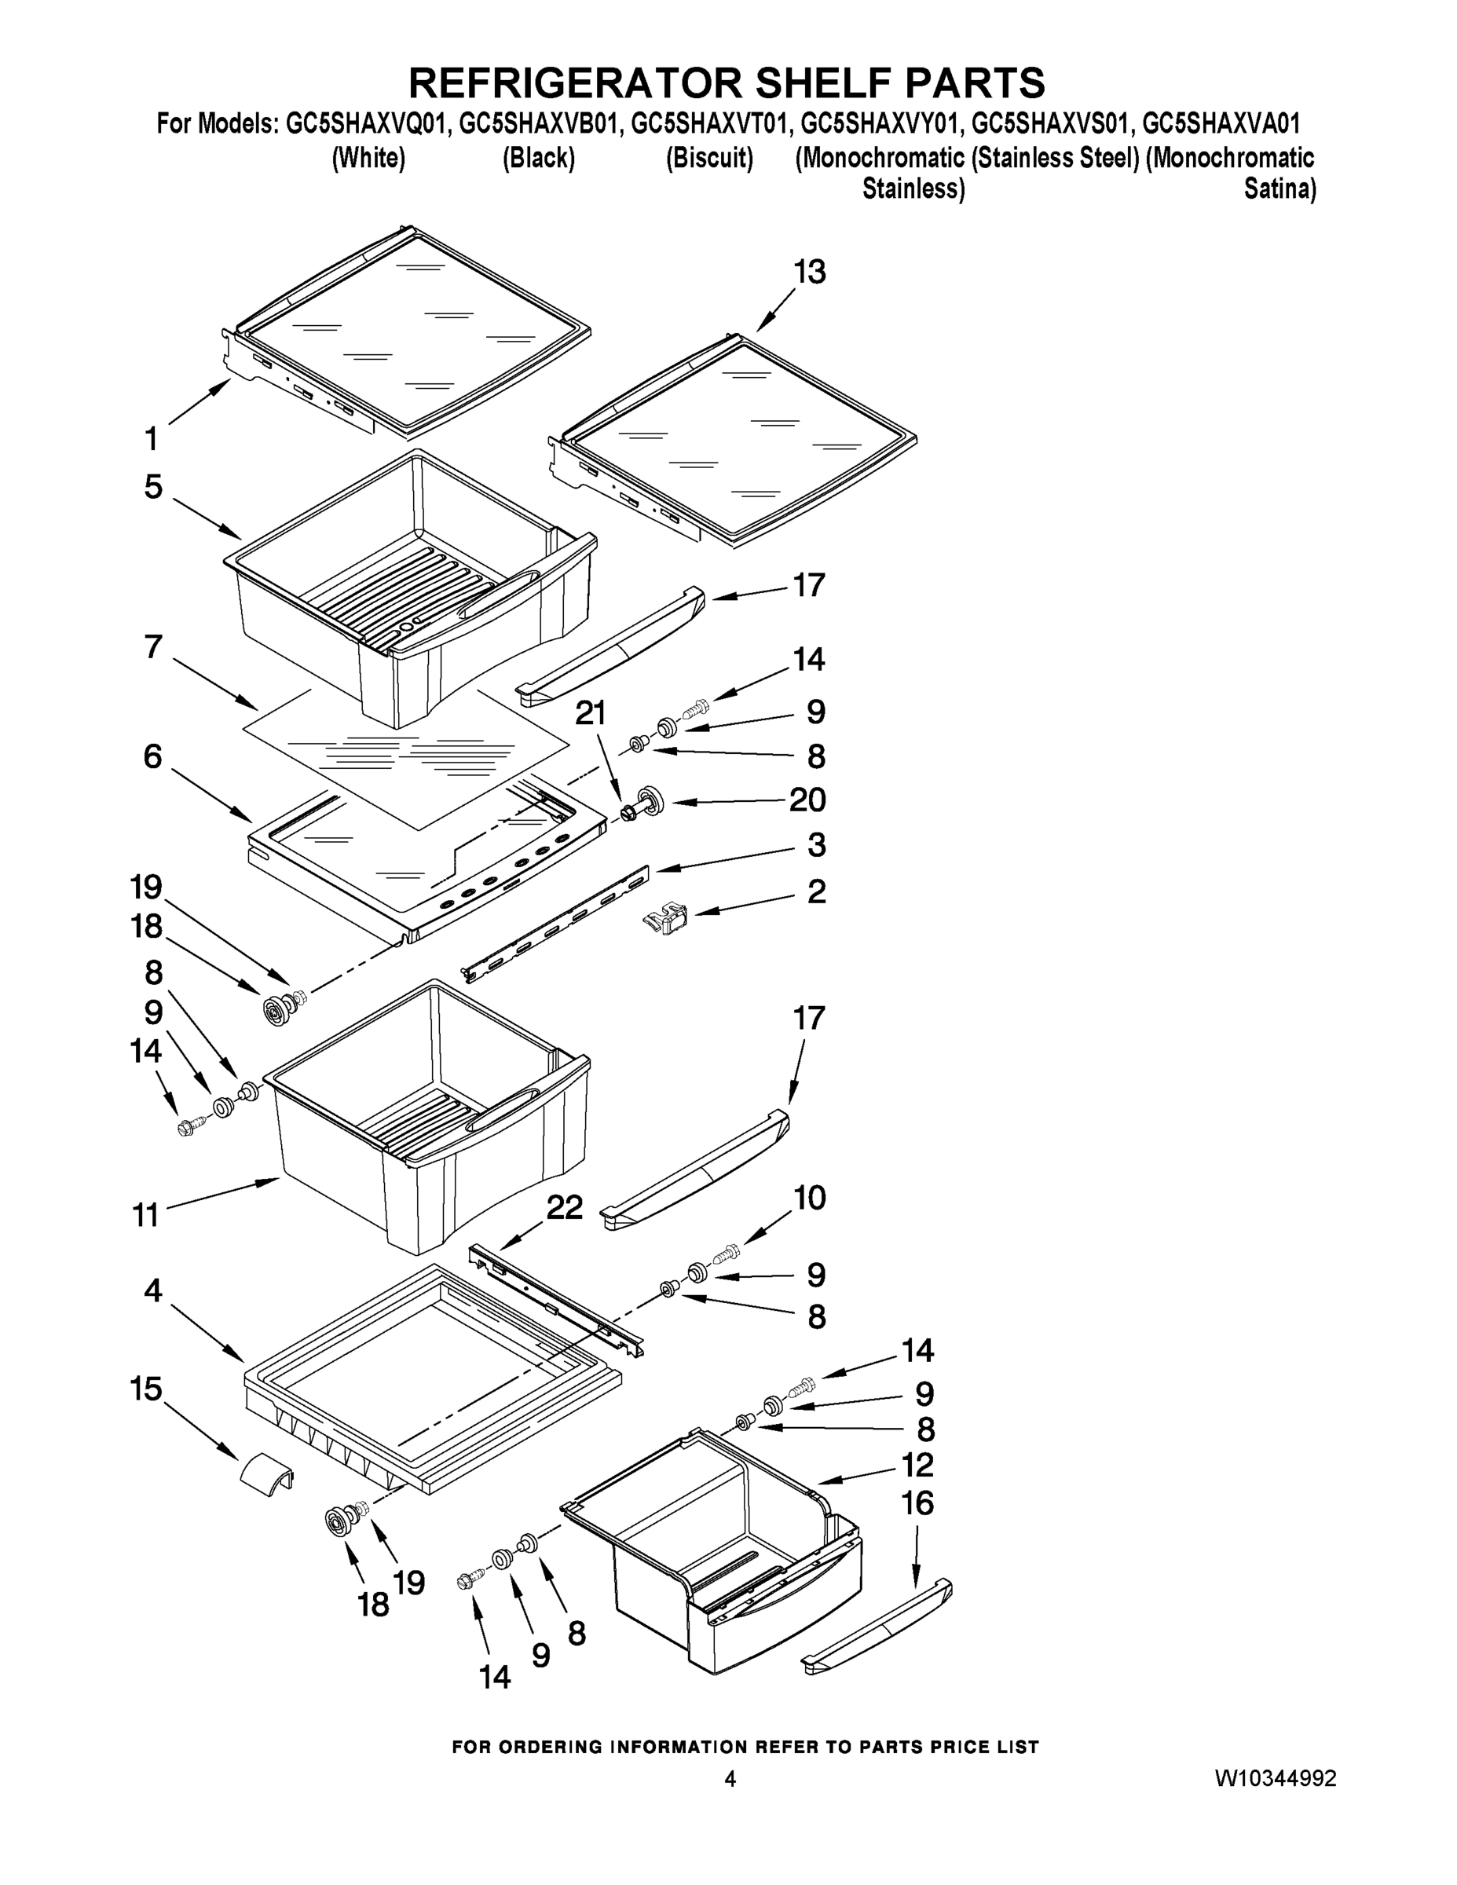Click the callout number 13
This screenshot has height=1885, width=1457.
pyautogui.click(x=809, y=273)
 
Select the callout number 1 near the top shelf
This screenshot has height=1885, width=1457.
pyautogui.click(x=151, y=439)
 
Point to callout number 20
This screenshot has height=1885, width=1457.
pyautogui.click(x=807, y=800)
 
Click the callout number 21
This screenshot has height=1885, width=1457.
pyautogui.click(x=591, y=714)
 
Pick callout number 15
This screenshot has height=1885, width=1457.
pyautogui.click(x=146, y=1389)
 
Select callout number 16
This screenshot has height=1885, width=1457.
pyautogui.click(x=917, y=1503)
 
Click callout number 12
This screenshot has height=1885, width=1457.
pyautogui.click(x=917, y=1465)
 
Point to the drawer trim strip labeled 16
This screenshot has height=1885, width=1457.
pyautogui.click(x=876, y=1627)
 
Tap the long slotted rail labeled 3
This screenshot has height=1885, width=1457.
pyautogui.click(x=557, y=926)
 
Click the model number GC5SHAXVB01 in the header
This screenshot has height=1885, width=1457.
pyautogui.click(x=539, y=124)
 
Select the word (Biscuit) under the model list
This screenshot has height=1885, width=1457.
pyautogui.click(x=708, y=158)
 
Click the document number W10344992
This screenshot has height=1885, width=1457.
pyautogui.click(x=1275, y=1779)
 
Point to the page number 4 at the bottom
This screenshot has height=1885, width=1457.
pyautogui.click(x=730, y=1779)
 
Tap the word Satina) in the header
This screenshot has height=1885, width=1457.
pyautogui.click(x=1279, y=188)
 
